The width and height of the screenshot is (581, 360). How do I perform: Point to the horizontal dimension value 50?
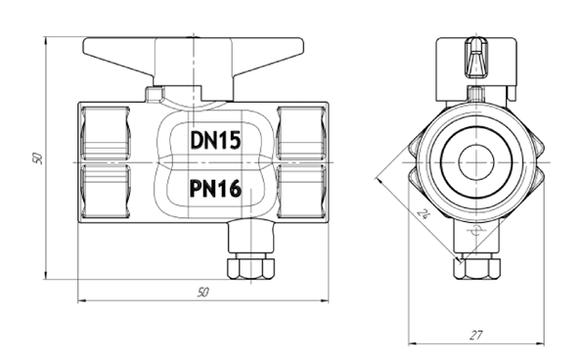pos(202,292)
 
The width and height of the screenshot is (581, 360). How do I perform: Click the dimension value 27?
pos(475,335)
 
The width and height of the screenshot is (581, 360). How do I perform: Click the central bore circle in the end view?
pos(475,158)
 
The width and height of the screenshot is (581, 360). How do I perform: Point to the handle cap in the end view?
pos(475,59)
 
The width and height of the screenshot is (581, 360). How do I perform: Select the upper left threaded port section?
pos(105,133)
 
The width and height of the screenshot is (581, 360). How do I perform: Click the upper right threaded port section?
pos(299,133)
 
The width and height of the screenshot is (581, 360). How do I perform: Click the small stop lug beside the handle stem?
pos(155,94)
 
